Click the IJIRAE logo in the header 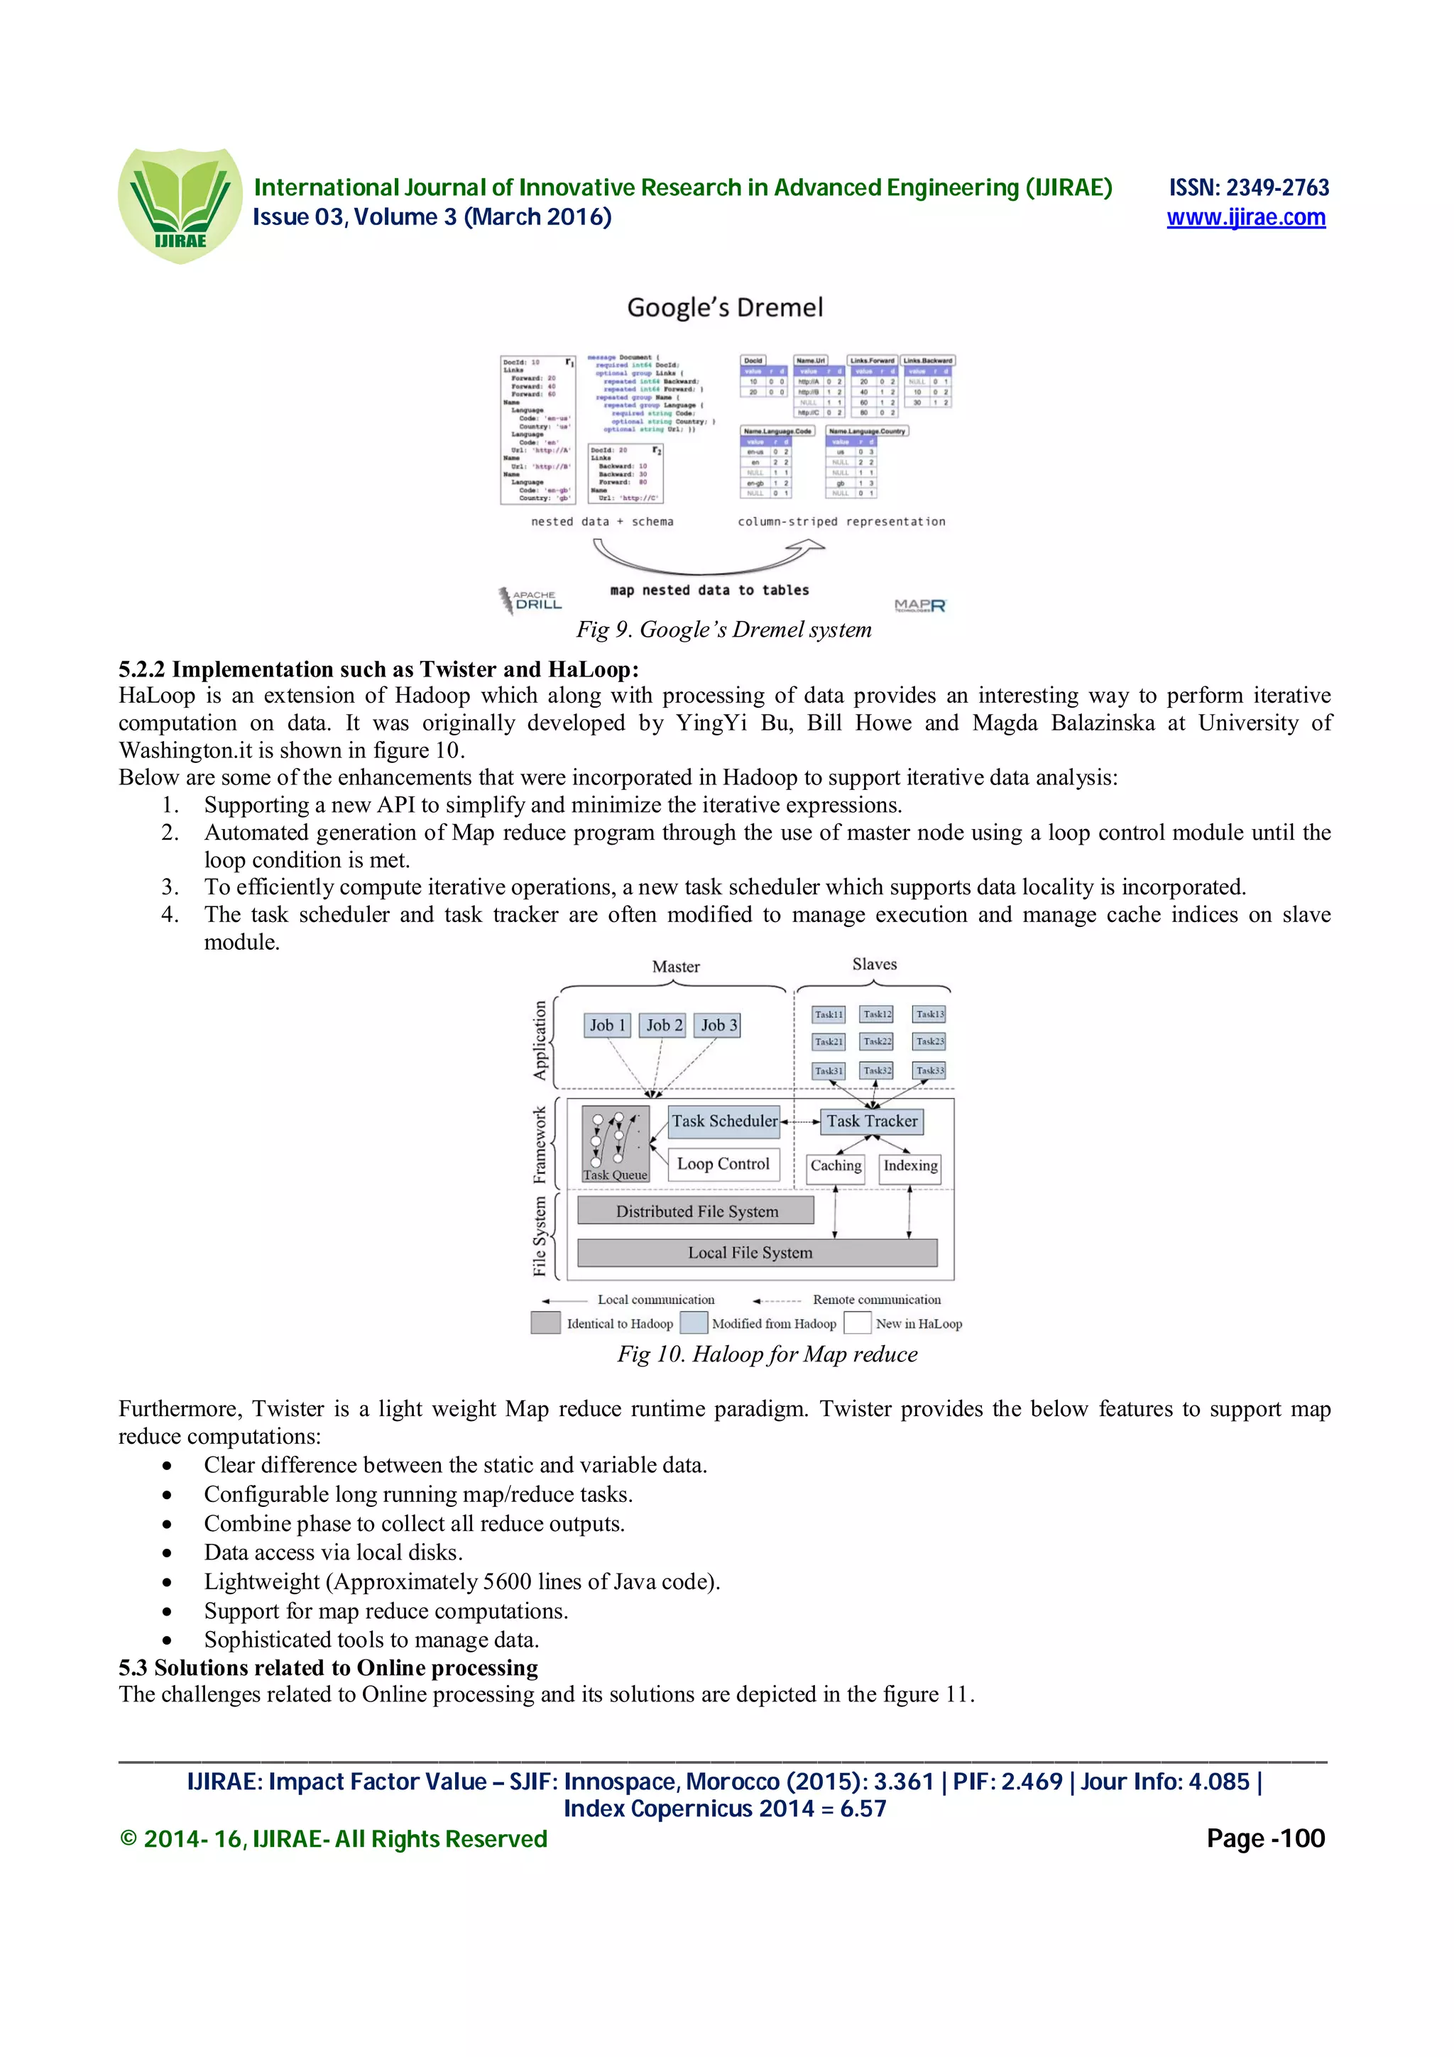point(180,205)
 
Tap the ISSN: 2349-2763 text point(1248,187)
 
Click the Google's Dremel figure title point(724,307)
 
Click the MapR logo point(919,605)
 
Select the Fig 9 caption point(723,629)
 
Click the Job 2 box point(664,1025)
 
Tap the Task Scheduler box point(724,1121)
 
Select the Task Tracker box point(871,1121)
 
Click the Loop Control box point(722,1164)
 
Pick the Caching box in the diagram point(835,1165)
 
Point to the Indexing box point(909,1165)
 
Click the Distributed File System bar point(696,1211)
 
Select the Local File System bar point(757,1253)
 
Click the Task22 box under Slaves point(876,1041)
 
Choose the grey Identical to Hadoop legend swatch point(545,1323)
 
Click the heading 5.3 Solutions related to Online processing point(328,1667)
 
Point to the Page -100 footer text point(1265,1838)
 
